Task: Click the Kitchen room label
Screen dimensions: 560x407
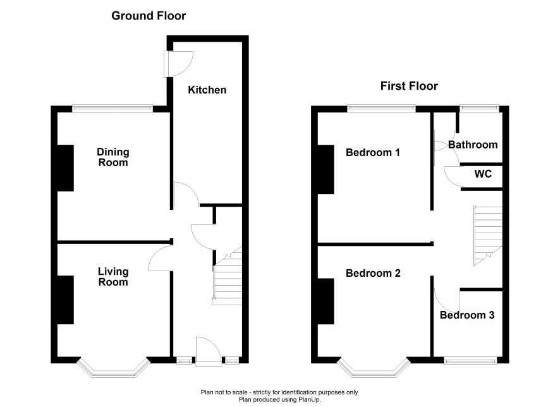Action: click(x=207, y=90)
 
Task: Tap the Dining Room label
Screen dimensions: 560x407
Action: click(x=113, y=157)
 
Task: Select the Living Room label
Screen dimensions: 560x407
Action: click(x=113, y=277)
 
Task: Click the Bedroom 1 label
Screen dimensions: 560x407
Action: click(x=372, y=152)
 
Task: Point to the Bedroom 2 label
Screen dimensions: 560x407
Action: click(x=373, y=273)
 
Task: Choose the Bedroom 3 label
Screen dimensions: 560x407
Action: click(x=467, y=315)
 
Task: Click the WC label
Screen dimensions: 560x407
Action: click(x=483, y=174)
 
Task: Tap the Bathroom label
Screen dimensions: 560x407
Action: click(x=473, y=145)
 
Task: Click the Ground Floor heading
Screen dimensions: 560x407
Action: click(x=149, y=16)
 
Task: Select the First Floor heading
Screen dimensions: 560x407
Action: click(x=409, y=86)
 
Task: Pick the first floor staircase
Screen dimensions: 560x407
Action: click(x=488, y=236)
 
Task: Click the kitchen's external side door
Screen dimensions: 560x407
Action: click(x=178, y=64)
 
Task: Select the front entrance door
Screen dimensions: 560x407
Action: click(x=208, y=351)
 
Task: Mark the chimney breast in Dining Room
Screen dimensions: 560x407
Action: click(x=65, y=168)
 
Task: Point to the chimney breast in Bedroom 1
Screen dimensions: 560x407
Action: click(x=326, y=169)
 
